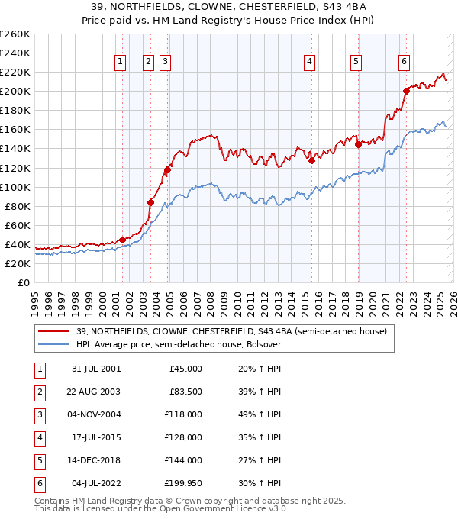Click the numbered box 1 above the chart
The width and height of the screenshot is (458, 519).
(x=121, y=63)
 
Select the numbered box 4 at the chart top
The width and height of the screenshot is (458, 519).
(x=309, y=63)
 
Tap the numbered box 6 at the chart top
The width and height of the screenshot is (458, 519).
(x=404, y=63)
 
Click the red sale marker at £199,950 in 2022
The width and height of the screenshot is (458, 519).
(x=406, y=92)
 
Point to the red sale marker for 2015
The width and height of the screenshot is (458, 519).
(x=311, y=160)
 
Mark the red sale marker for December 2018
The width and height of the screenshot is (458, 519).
(x=358, y=145)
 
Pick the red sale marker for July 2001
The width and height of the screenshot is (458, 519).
(x=123, y=240)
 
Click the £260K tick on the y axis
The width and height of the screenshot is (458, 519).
(x=15, y=34)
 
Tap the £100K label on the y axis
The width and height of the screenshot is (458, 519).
(x=15, y=187)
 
